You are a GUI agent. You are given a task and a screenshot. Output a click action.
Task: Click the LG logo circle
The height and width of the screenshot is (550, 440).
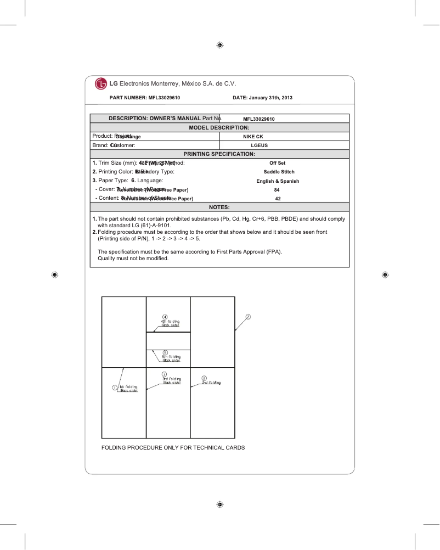coord(101,84)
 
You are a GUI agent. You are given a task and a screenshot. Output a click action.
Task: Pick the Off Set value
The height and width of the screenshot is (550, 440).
coord(277,163)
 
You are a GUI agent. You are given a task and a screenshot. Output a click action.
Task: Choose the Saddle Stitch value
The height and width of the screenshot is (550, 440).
coord(279,172)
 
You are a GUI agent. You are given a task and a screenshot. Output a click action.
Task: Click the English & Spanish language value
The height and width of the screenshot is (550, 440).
coord(278,181)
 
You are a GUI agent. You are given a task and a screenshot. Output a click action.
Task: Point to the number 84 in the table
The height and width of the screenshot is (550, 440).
coord(277,189)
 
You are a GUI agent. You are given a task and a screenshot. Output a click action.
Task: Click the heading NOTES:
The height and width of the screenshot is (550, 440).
coord(219,207)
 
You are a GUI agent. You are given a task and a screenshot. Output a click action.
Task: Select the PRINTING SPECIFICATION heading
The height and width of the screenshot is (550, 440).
coord(219,154)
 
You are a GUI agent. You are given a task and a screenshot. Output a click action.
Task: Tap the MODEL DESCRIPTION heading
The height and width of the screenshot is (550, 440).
coord(219,127)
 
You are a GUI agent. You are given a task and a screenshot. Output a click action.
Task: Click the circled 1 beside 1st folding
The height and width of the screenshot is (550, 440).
coord(115,388)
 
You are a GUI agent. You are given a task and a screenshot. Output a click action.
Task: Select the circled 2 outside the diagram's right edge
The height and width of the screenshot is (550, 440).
coord(248,317)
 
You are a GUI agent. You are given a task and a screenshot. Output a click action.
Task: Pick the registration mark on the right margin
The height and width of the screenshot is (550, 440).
coord(385,274)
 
